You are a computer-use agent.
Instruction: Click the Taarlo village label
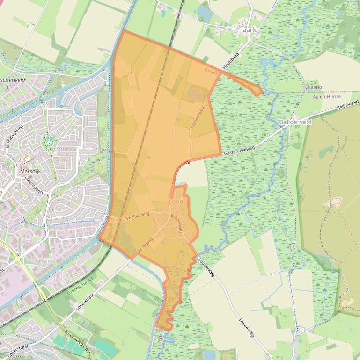tap(249, 29)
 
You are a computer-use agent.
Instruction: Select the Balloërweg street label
tap(182, 223)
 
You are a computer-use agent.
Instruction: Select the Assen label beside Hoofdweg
tap(211, 72)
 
